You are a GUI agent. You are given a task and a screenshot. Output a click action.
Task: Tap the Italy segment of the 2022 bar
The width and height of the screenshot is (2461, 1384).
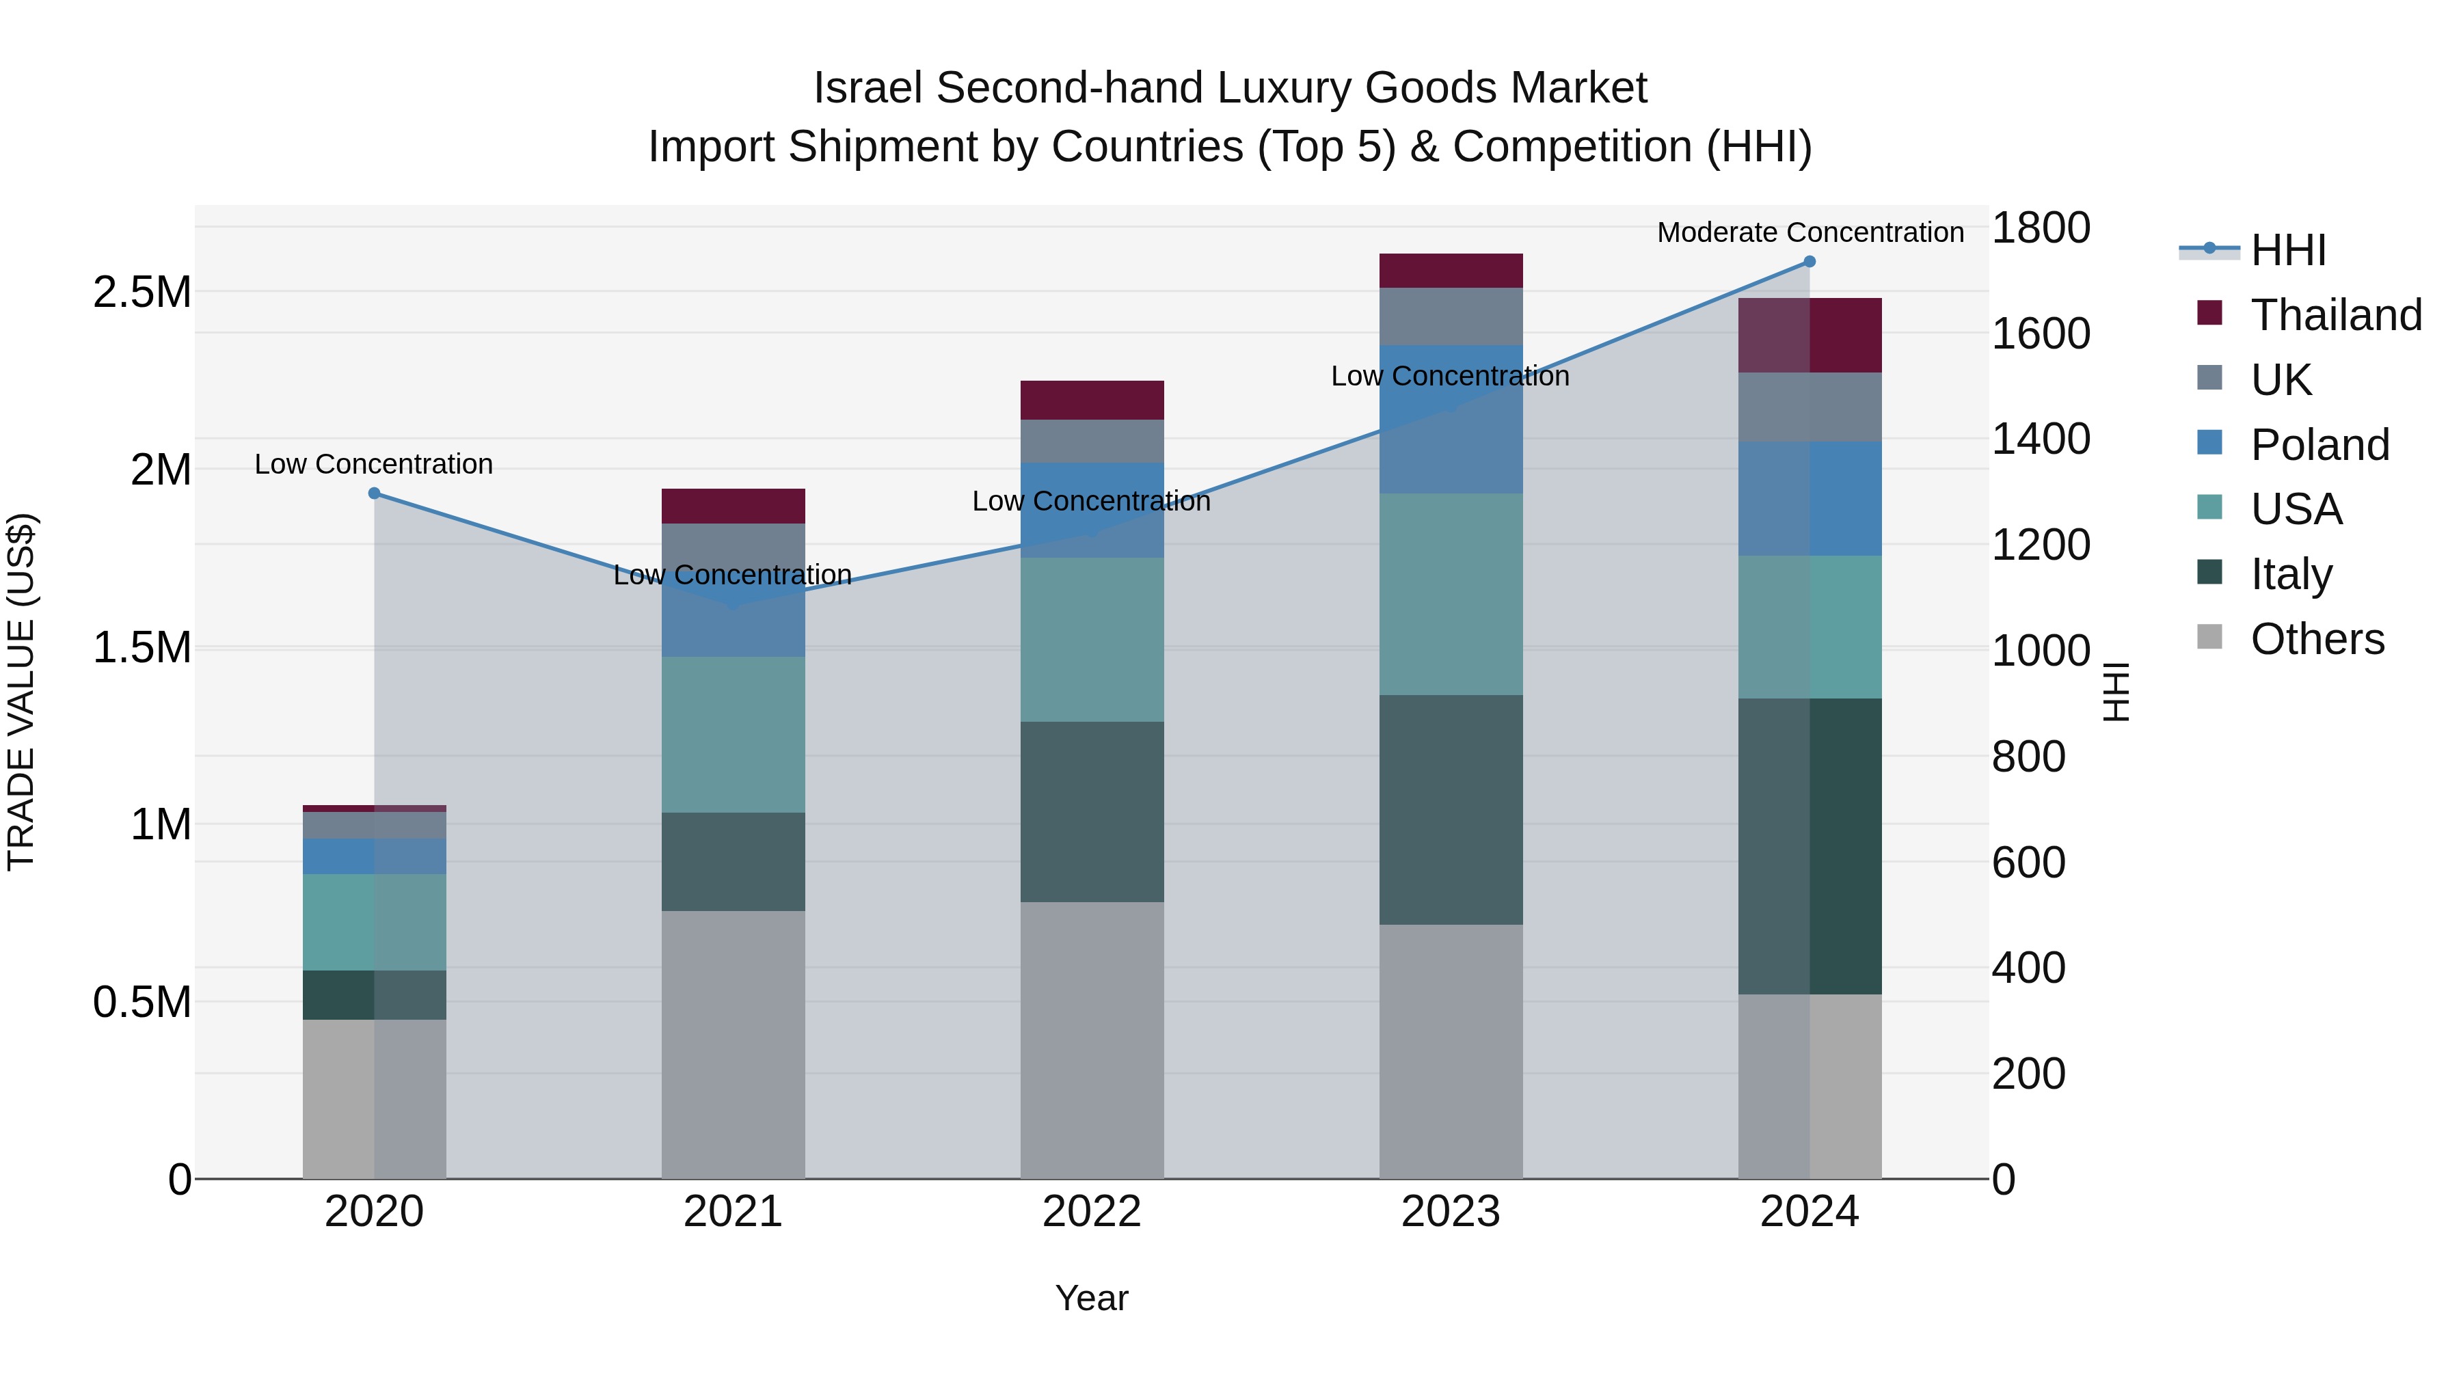[x=1092, y=812]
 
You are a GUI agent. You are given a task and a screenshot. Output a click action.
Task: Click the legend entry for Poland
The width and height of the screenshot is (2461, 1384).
[x=2319, y=445]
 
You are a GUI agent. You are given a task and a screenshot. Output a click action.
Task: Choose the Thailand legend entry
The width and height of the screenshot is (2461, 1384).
[x=2335, y=315]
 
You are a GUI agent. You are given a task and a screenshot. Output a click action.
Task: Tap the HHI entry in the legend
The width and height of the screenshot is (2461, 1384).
[x=2287, y=250]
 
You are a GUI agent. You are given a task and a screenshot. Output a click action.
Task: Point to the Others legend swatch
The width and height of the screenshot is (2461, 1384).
[x=2209, y=637]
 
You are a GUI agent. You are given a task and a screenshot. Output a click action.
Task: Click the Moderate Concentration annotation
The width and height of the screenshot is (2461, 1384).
[x=1810, y=232]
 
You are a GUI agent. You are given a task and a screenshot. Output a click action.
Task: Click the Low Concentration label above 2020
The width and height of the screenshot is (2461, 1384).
[x=373, y=464]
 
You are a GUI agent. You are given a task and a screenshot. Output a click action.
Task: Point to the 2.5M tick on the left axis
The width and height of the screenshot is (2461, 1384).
[x=142, y=293]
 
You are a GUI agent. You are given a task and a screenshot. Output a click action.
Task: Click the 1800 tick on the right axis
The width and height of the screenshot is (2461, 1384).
[x=2041, y=228]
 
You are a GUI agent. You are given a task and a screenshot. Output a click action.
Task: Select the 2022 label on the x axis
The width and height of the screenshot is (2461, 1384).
[x=1092, y=1212]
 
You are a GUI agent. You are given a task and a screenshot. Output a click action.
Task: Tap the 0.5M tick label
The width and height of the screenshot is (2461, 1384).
[x=142, y=1003]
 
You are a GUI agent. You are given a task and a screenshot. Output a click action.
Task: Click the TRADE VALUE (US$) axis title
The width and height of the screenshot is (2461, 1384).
[x=21, y=692]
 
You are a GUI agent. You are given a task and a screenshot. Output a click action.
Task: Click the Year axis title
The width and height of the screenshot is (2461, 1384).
[x=1091, y=1298]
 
